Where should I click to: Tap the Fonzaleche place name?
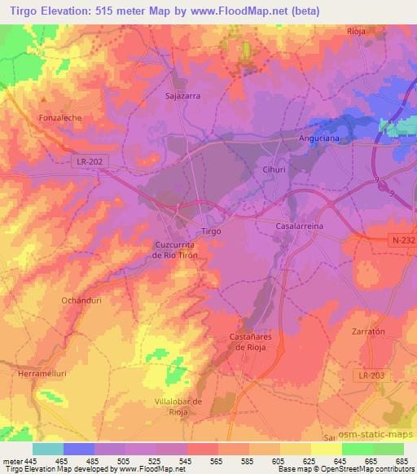pyautogui.click(x=61, y=117)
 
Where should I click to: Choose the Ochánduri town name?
pyautogui.click(x=80, y=301)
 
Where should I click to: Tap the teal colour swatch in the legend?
pyautogui.click(x=48, y=449)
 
